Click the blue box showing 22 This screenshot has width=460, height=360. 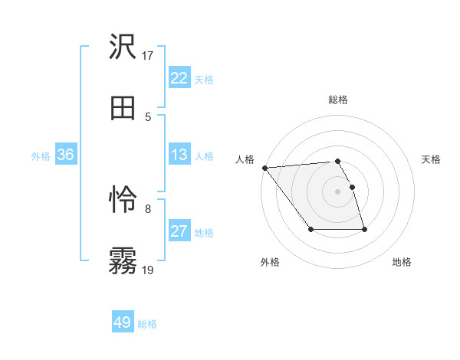coord(179,78)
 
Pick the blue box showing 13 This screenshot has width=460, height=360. coord(179,155)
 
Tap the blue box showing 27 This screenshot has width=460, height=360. coord(179,231)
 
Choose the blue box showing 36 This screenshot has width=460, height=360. coord(65,155)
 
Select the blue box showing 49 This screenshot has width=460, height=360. coord(122,322)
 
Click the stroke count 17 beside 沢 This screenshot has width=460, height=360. coord(148,56)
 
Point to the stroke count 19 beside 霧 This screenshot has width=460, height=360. coord(148,270)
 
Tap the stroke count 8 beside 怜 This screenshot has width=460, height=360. coord(148,208)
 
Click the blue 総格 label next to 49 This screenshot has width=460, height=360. coord(147,324)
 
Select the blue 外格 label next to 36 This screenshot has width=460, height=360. coord(41,156)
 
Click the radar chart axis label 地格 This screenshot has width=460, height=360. coord(402,263)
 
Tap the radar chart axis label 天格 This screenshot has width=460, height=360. coord(431,159)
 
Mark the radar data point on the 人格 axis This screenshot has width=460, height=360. coord(264,168)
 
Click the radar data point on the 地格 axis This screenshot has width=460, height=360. coord(364,229)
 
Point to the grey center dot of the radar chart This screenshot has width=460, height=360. coord(337,191)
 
